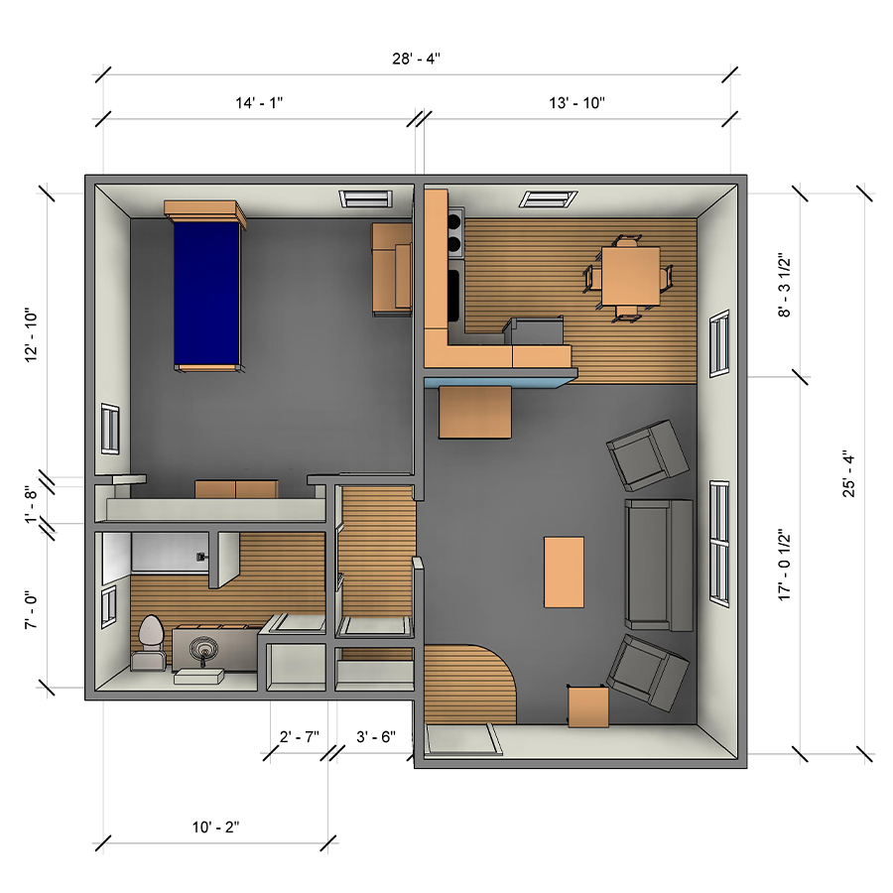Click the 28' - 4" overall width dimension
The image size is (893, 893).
[416, 59]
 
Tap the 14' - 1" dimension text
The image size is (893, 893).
[259, 103]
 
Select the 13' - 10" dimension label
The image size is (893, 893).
[576, 103]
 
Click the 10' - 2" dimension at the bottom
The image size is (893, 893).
[215, 827]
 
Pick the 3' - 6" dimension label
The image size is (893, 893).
[376, 737]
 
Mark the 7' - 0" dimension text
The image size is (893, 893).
[31, 609]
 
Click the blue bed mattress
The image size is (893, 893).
[206, 294]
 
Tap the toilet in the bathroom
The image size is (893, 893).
[150, 641]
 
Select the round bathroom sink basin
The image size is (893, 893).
[203, 648]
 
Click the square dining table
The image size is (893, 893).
[630, 276]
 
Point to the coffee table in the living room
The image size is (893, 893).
[564, 572]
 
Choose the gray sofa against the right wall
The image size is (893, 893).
[659, 565]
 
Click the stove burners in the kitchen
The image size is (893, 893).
[454, 232]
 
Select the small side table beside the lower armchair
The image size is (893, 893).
[588, 706]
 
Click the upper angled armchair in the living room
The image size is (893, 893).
[648, 455]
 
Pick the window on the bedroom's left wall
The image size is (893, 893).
[110, 429]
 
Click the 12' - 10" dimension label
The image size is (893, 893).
[31, 335]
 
